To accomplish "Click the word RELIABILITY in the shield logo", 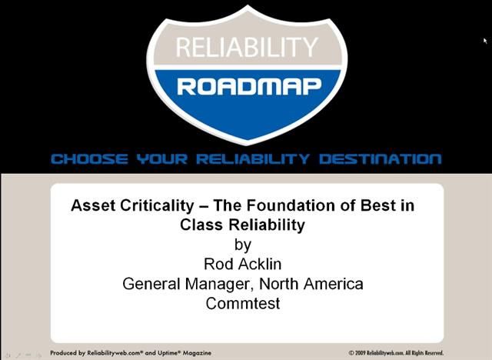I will point(246,48).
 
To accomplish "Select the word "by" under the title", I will point(242,245).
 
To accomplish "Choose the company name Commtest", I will point(243,303).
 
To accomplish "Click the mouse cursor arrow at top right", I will point(486,41).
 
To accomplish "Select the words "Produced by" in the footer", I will point(67,353).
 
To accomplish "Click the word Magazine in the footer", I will point(188,353).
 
